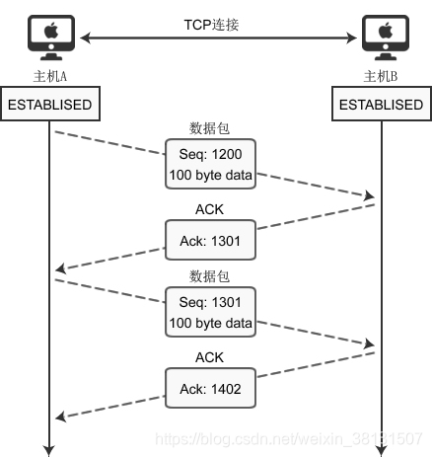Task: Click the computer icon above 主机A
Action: pyautogui.click(x=51, y=38)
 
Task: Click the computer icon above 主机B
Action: pyautogui.click(x=386, y=38)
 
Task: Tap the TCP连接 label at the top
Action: pyautogui.click(x=211, y=25)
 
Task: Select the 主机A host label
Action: pyautogui.click(x=50, y=76)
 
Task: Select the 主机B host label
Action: pyautogui.click(x=381, y=76)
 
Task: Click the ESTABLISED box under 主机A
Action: pyautogui.click(x=50, y=104)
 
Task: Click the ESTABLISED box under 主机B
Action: pyautogui.click(x=382, y=104)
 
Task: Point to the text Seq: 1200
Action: pyautogui.click(x=210, y=154)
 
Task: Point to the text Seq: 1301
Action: pyautogui.click(x=210, y=302)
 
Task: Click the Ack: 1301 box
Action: pyautogui.click(x=210, y=240)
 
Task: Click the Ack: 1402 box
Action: pyautogui.click(x=210, y=388)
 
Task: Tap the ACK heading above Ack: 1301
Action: pyautogui.click(x=209, y=209)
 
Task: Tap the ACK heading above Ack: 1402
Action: pyautogui.click(x=209, y=357)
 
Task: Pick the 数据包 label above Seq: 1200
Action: pyautogui.click(x=209, y=128)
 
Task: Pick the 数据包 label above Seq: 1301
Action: pyautogui.click(x=209, y=276)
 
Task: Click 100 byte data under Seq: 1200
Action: pyautogui.click(x=210, y=175)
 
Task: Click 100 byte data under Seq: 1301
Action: pyautogui.click(x=210, y=323)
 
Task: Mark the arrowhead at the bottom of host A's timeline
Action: pyautogui.click(x=49, y=451)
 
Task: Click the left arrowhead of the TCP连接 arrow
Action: pyautogui.click(x=86, y=38)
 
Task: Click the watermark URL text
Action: pyautogui.click(x=289, y=439)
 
